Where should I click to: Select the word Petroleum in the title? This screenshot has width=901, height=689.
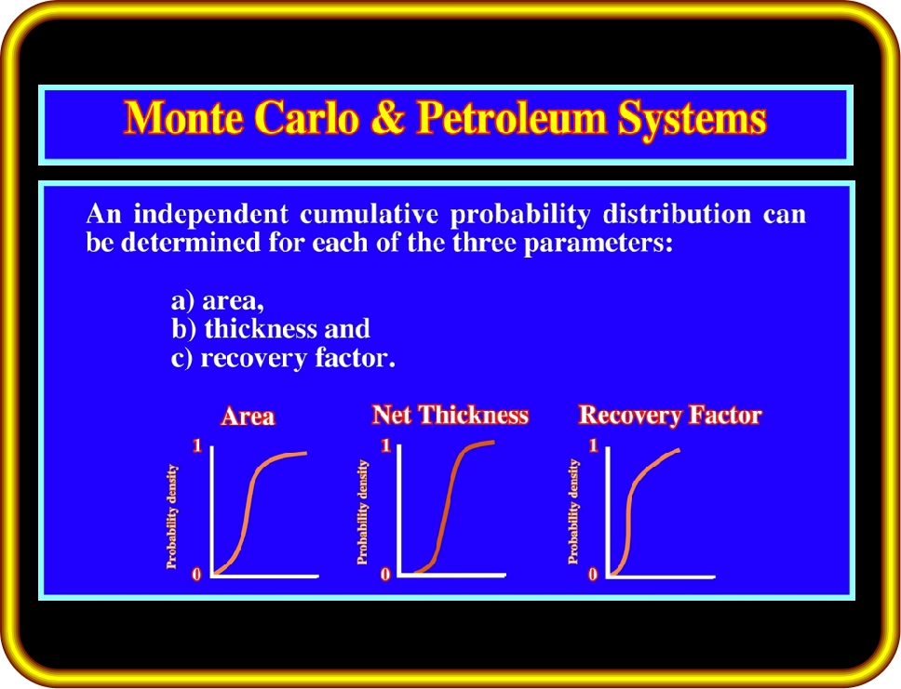[x=511, y=118]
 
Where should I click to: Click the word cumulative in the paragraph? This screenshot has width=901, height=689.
[x=369, y=214]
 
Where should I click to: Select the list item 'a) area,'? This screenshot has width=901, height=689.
[x=218, y=300]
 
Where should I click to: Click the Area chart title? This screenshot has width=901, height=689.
[x=248, y=416]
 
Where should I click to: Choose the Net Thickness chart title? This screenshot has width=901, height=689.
[x=450, y=415]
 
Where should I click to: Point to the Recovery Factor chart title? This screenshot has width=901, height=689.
[x=670, y=415]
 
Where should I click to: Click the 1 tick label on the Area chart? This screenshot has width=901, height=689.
[x=197, y=445]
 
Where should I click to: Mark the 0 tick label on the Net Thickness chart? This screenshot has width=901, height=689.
[x=385, y=575]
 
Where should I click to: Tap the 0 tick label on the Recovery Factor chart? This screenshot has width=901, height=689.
[x=593, y=575]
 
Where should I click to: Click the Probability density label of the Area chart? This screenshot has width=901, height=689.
[x=172, y=517]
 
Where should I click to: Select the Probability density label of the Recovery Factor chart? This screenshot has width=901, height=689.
[x=572, y=511]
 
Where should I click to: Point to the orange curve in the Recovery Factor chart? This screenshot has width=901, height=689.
[x=629, y=505]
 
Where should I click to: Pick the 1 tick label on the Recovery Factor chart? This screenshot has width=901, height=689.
[x=594, y=445]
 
